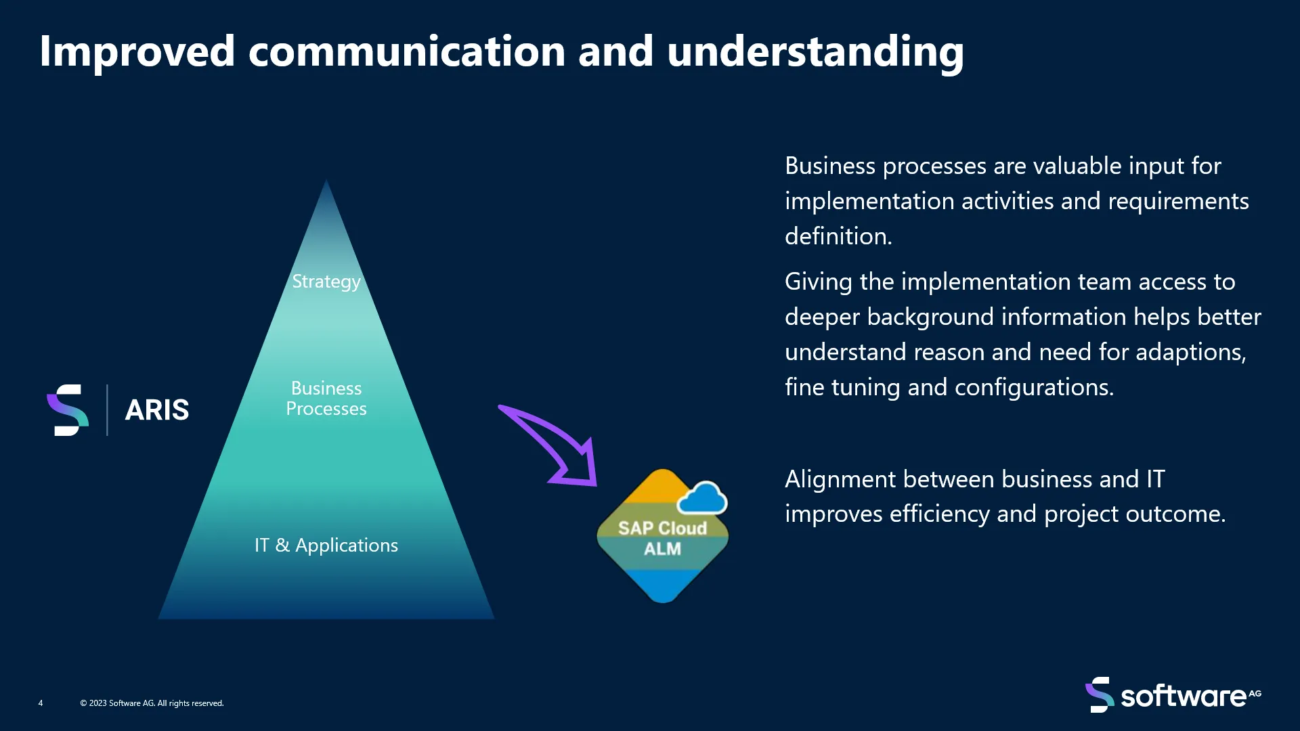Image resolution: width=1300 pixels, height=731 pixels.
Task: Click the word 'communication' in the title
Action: coord(407,51)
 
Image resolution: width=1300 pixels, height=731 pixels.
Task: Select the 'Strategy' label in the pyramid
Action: coord(326,282)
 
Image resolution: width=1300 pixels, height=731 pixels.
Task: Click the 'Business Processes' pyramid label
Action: coord(326,398)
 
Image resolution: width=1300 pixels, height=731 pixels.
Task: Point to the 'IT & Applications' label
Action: coord(326,545)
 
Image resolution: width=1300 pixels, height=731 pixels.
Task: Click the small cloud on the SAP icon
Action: coord(702,498)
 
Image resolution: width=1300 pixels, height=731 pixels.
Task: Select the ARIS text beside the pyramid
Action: coord(157,410)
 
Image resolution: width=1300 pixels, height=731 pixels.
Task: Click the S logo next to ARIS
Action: coord(68,410)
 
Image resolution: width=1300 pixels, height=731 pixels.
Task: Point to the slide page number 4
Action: coord(41,703)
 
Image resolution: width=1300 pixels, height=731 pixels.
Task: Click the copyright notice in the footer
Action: coord(152,703)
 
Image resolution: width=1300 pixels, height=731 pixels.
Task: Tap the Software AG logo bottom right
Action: coord(1173,695)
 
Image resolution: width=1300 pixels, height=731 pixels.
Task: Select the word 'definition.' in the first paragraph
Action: coord(839,236)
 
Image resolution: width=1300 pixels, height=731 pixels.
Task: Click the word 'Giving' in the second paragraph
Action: coord(819,282)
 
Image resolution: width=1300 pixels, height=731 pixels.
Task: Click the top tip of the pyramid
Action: coord(326,179)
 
